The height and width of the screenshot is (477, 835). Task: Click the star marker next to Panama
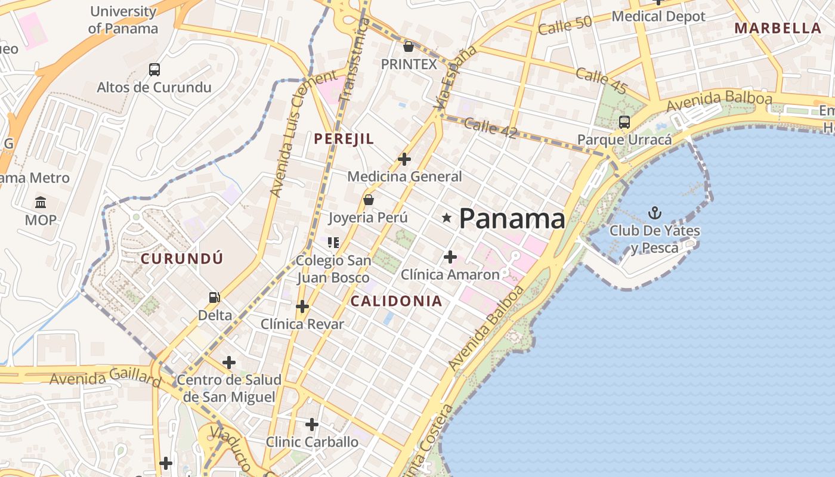pyautogui.click(x=447, y=218)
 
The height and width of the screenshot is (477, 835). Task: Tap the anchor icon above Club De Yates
pyautogui.click(x=655, y=212)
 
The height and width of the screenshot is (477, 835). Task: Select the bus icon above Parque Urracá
pyautogui.click(x=624, y=122)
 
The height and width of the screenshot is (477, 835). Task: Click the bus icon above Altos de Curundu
pyautogui.click(x=154, y=70)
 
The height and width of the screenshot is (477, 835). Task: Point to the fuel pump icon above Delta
pyautogui.click(x=214, y=297)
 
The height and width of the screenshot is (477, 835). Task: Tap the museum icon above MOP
pyautogui.click(x=41, y=203)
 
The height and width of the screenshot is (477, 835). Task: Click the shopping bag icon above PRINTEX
pyautogui.click(x=409, y=46)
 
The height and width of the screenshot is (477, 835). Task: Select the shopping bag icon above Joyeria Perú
pyautogui.click(x=369, y=200)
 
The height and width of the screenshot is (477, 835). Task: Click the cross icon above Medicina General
pyautogui.click(x=404, y=159)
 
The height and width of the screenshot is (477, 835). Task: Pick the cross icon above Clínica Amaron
pyautogui.click(x=450, y=257)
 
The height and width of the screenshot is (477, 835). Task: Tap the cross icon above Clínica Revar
pyautogui.click(x=302, y=306)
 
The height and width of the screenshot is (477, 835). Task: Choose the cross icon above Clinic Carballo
pyautogui.click(x=312, y=425)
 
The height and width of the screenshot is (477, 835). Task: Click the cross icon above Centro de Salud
pyautogui.click(x=228, y=362)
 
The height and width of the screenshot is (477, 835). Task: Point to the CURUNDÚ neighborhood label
pyautogui.click(x=182, y=259)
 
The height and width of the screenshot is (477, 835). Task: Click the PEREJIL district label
pyautogui.click(x=344, y=139)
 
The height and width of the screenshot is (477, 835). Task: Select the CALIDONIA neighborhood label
pyautogui.click(x=396, y=301)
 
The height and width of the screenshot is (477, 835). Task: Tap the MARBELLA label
pyautogui.click(x=778, y=28)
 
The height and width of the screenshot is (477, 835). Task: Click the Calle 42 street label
pyautogui.click(x=490, y=128)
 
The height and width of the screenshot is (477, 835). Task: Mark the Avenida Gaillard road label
pyautogui.click(x=105, y=377)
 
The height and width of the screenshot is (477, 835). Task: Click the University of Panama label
pyautogui.click(x=123, y=20)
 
